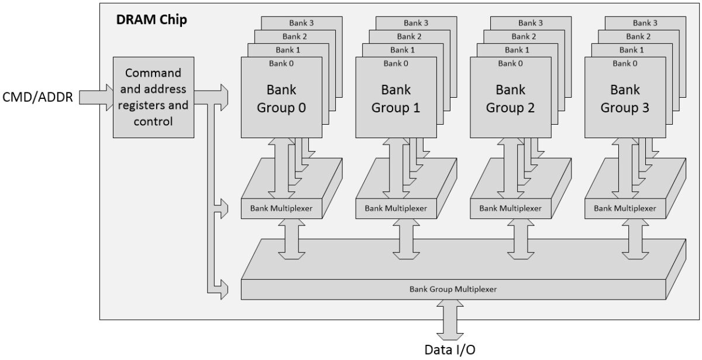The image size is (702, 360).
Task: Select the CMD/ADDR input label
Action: click(x=38, y=97)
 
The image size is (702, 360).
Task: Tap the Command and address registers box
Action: click(x=153, y=97)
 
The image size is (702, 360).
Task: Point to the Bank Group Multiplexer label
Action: click(x=453, y=289)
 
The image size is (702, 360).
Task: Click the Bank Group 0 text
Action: click(x=281, y=99)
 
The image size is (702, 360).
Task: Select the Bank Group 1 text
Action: click(x=396, y=99)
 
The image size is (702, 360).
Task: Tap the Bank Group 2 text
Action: click(x=511, y=99)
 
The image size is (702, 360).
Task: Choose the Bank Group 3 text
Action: click(x=625, y=99)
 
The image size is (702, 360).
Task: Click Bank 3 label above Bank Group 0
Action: click(x=302, y=23)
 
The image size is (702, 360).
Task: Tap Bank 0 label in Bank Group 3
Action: click(x=625, y=63)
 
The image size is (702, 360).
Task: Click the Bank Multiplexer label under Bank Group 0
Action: click(x=281, y=208)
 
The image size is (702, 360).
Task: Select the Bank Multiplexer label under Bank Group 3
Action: click(x=625, y=208)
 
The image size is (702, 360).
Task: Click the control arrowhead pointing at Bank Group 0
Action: click(x=223, y=92)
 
